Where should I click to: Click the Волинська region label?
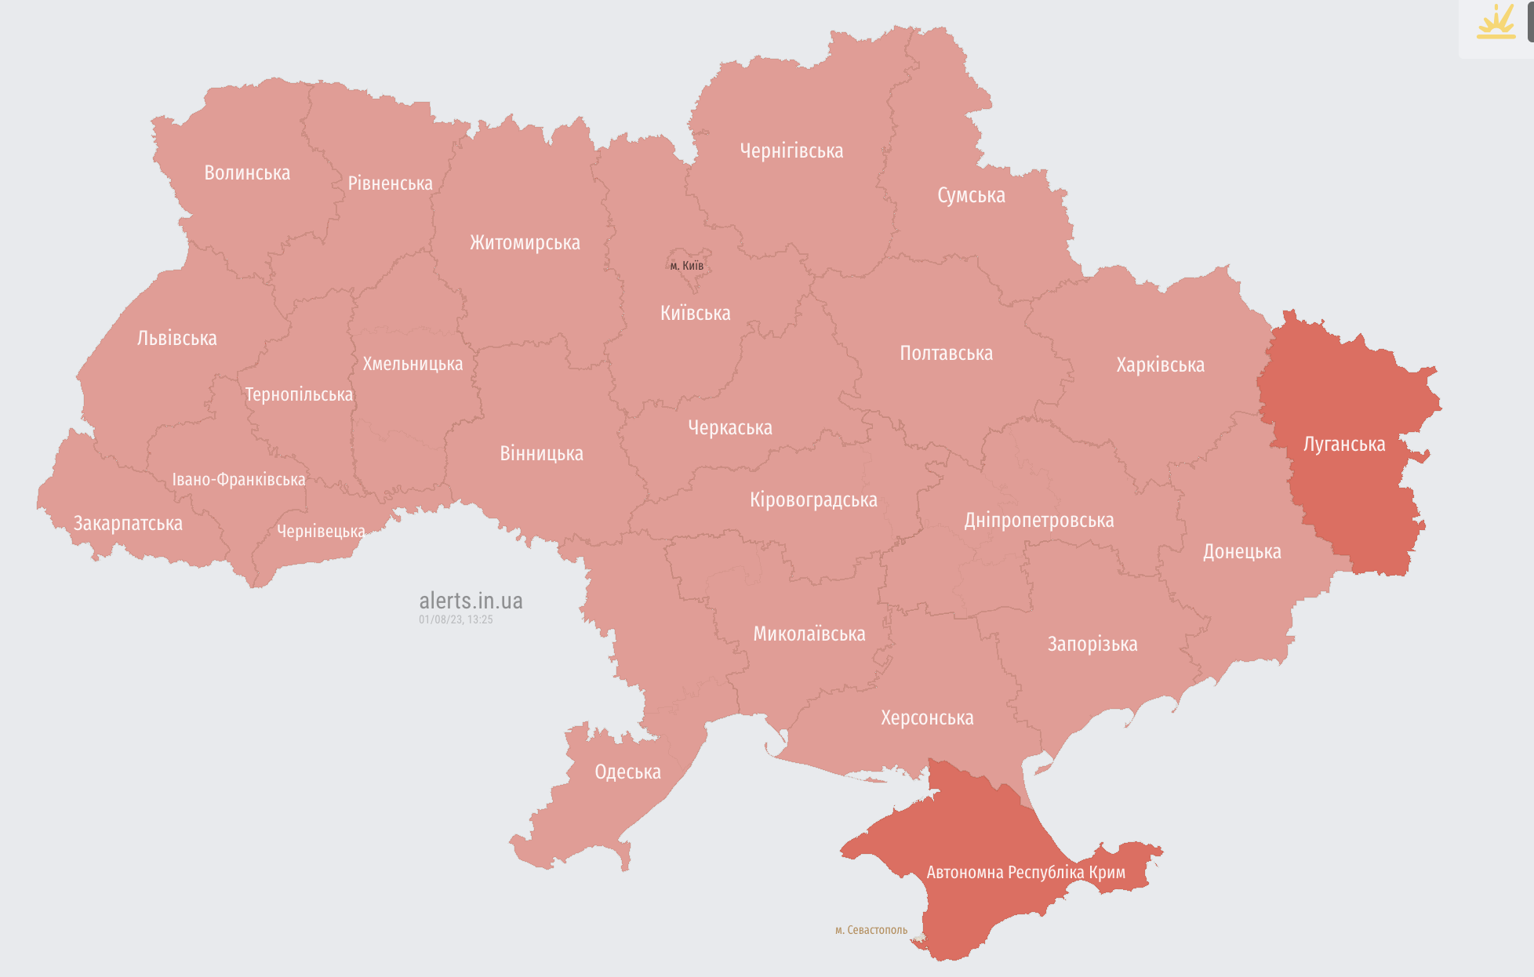pos(247,173)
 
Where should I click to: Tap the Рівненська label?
pos(390,183)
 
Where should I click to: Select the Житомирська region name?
pos(525,243)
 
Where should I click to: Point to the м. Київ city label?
pos(686,266)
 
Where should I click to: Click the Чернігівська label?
pos(791,151)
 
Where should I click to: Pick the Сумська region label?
pos(971,195)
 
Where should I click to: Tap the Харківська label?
pos(1160,365)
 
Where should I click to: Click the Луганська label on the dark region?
pos(1344,445)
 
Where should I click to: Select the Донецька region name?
pos(1241,552)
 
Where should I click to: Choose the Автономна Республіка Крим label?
pos(1026,873)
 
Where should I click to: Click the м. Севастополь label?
pos(871,930)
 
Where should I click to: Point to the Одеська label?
pos(627,772)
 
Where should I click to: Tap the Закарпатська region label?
pos(128,523)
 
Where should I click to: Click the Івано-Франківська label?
pos(238,479)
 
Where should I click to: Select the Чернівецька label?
pos(321,532)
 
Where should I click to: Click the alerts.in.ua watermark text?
pos(471,601)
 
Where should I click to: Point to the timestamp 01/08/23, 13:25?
pos(456,619)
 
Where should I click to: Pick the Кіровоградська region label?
pos(813,499)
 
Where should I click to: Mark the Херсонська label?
pos(927,717)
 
